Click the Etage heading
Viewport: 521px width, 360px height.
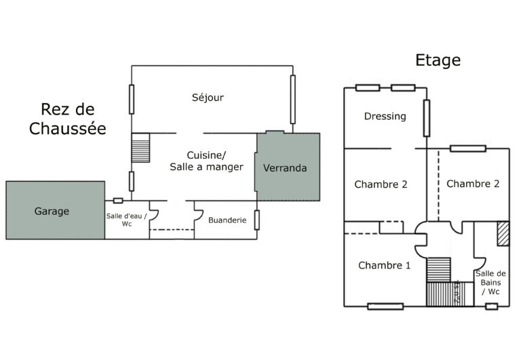[438, 60]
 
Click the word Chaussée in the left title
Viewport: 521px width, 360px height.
[68, 128]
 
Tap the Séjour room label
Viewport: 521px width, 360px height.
[208, 98]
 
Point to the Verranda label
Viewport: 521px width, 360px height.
[285, 167]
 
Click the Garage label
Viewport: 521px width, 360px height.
[52, 212]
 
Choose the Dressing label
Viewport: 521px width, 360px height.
[385, 116]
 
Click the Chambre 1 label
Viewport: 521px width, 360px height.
[384, 265]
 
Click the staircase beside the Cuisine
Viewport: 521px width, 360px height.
[140, 147]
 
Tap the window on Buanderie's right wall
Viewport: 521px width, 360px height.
[257, 220]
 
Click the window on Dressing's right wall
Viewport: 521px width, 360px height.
[427, 118]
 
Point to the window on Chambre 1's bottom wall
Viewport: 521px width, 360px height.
[385, 306]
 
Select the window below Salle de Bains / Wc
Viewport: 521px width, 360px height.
[492, 306]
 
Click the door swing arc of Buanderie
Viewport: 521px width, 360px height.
[199, 214]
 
